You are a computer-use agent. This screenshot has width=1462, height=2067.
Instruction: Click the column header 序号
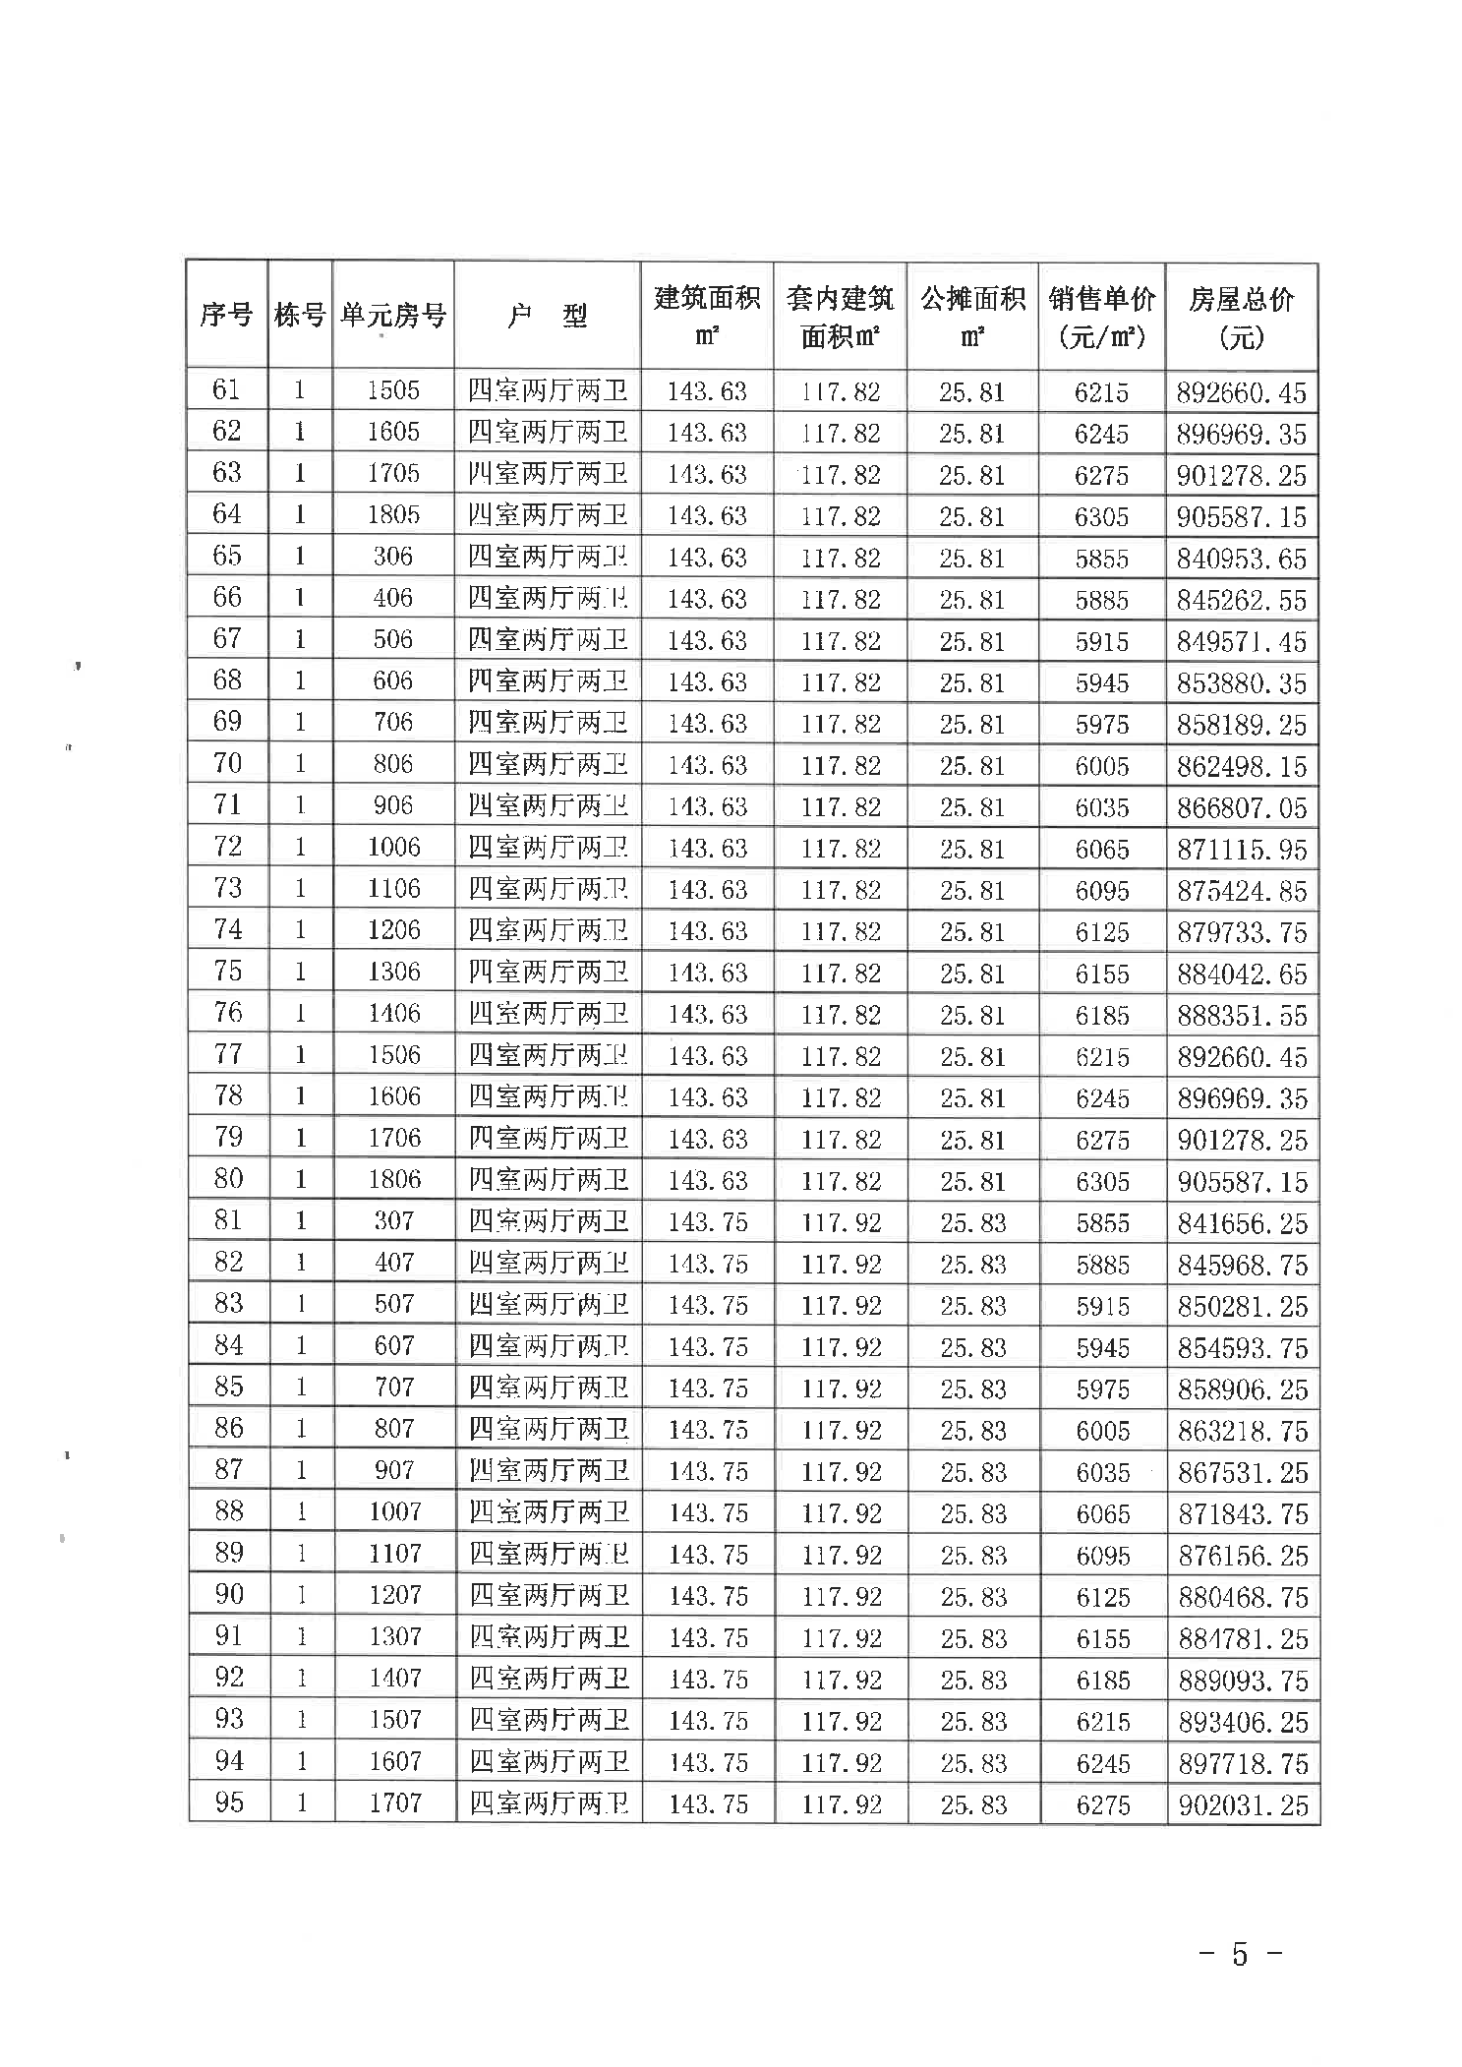pyautogui.click(x=226, y=316)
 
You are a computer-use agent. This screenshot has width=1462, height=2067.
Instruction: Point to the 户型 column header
pyautogui.click(x=547, y=316)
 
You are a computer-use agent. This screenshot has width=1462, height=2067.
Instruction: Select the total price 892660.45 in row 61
pyautogui.click(x=1241, y=393)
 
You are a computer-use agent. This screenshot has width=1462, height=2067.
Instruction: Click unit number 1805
pyautogui.click(x=393, y=515)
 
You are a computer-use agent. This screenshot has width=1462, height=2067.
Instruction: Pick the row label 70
pyautogui.click(x=227, y=764)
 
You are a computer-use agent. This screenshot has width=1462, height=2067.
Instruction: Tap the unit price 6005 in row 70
pyautogui.click(x=1101, y=766)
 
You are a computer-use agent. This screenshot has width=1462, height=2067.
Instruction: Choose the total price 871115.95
pyautogui.click(x=1242, y=850)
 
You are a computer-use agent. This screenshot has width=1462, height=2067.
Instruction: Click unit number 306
pyautogui.click(x=393, y=557)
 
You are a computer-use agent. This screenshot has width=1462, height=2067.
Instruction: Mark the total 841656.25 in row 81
pyautogui.click(x=1243, y=1223)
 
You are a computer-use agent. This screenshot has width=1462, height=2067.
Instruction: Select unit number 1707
pyautogui.click(x=395, y=1803)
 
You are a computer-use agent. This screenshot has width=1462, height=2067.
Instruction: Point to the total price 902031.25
pyautogui.click(x=1243, y=1805)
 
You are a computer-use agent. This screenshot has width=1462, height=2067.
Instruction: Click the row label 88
pyautogui.click(x=228, y=1511)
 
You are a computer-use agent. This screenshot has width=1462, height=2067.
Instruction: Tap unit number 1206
pyautogui.click(x=394, y=930)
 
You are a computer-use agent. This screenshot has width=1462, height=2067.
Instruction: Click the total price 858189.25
pyautogui.click(x=1242, y=725)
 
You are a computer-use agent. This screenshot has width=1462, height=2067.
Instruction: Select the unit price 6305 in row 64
pyautogui.click(x=1101, y=517)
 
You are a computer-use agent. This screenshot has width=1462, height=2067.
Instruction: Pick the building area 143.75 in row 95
pyautogui.click(x=708, y=1804)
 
